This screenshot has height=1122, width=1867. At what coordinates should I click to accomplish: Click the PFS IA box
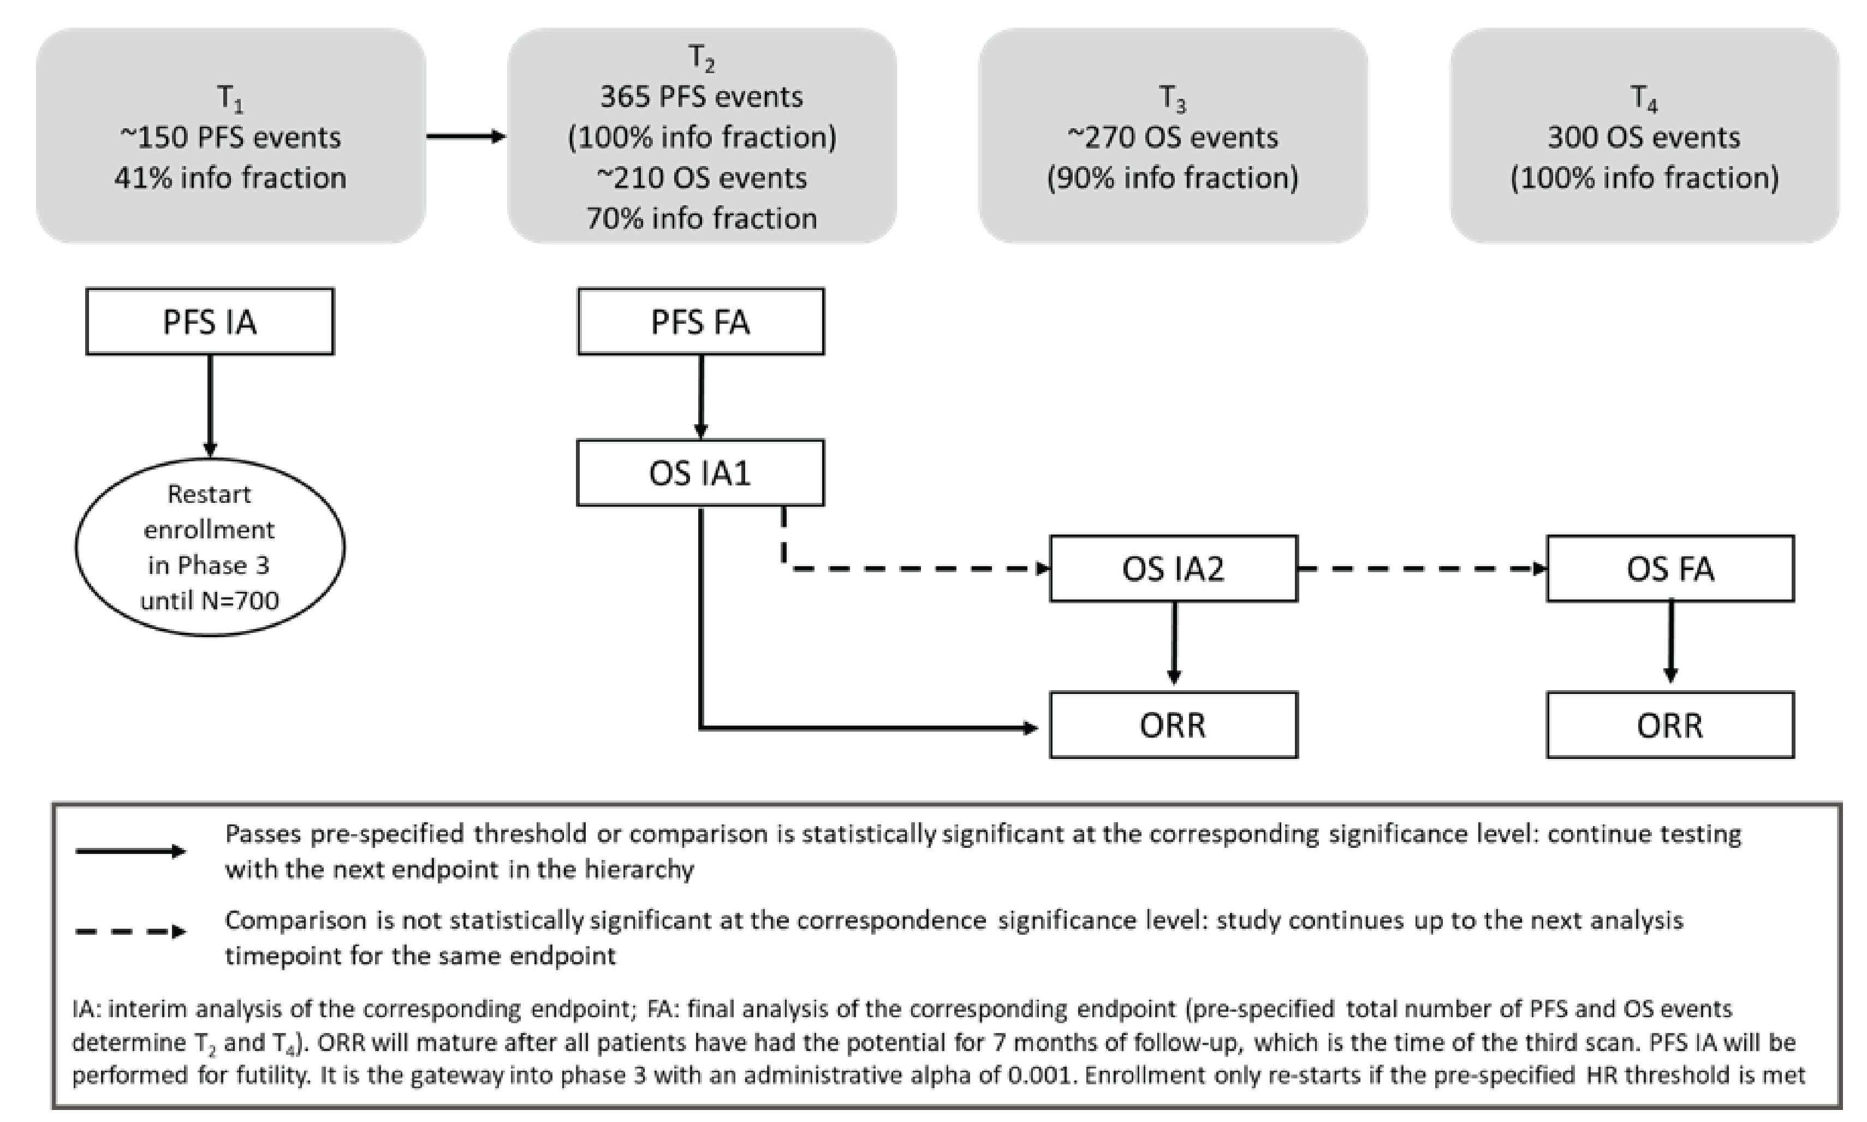(210, 322)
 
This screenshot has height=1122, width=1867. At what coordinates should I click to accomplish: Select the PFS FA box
(701, 322)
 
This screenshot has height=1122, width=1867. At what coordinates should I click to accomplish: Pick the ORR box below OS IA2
(1173, 725)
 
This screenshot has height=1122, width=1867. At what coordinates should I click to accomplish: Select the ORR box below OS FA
(1670, 725)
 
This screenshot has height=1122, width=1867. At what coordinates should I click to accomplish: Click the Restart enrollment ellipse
(210, 547)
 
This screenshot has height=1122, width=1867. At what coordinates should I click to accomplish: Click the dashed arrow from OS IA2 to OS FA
(1421, 568)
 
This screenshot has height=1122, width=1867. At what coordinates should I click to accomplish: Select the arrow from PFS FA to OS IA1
(701, 396)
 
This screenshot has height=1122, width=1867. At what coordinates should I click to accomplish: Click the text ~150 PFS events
(230, 138)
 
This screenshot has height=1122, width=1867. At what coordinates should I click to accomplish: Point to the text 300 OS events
(1644, 138)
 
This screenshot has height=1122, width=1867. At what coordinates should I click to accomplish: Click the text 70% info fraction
(701, 218)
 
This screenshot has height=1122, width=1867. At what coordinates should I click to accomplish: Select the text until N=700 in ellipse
(210, 601)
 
